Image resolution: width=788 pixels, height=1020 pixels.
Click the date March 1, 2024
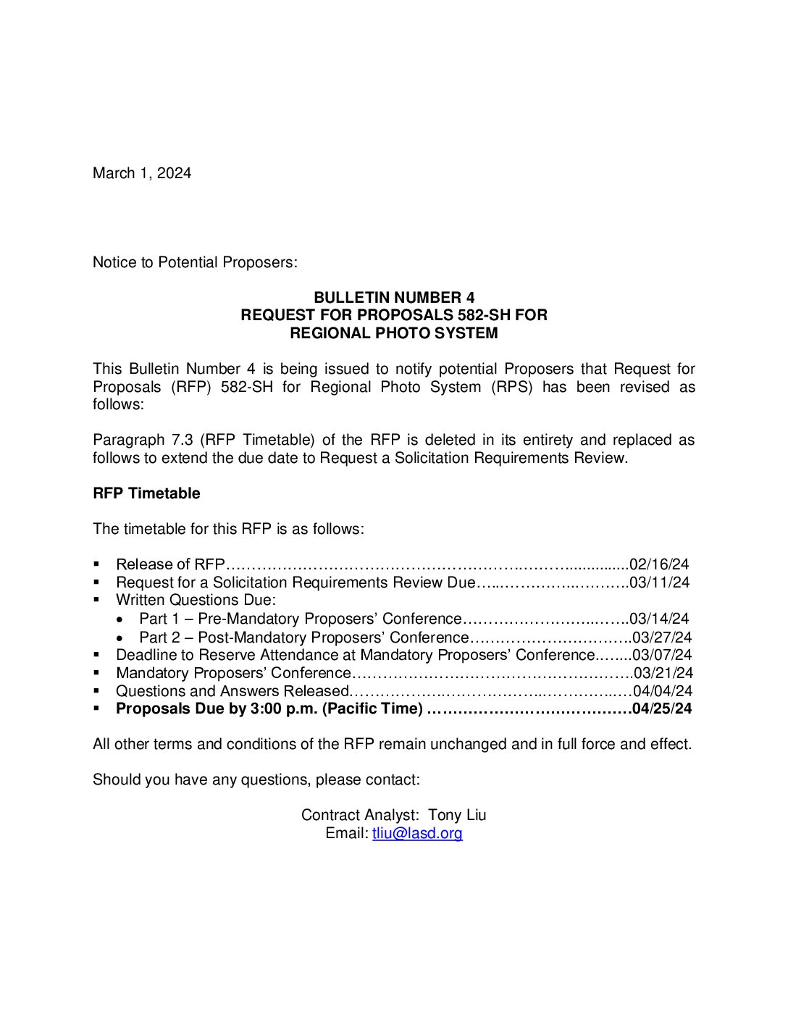pos(142,173)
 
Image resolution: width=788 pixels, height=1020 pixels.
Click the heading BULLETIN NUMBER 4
pos(394,298)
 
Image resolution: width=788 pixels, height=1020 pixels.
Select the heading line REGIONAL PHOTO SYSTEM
pos(394,333)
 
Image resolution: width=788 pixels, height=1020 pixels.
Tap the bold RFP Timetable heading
pos(146,493)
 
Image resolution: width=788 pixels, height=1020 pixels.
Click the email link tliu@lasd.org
pos(417,833)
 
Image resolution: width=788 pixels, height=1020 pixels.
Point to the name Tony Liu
pos(457,815)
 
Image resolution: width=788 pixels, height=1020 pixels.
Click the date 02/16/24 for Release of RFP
pos(659,564)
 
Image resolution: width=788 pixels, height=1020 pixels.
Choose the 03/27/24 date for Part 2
pos(662,637)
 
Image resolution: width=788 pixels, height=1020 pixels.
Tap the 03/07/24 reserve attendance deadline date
pos(662,655)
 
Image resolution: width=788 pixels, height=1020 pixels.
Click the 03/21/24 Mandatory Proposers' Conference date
pos(663,673)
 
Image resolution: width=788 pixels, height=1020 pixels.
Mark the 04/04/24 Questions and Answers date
pos(663,691)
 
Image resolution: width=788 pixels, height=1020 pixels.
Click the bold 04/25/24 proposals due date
pos(662,708)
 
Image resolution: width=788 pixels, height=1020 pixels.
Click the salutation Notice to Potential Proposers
pos(195,262)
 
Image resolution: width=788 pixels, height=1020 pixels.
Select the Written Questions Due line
pos(196,600)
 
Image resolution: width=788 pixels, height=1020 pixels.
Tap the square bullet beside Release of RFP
pos(97,564)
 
